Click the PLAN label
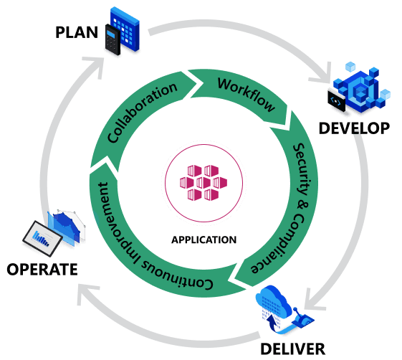click(77, 32)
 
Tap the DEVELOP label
click(354, 128)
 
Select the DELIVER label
click(293, 349)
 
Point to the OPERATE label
click(42, 270)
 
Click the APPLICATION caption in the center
click(204, 240)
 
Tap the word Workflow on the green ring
click(247, 95)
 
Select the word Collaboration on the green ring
click(142, 113)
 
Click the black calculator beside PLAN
click(113, 39)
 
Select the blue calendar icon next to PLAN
click(125, 29)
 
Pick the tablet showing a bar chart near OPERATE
click(42, 238)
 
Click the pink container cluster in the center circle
click(204, 182)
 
